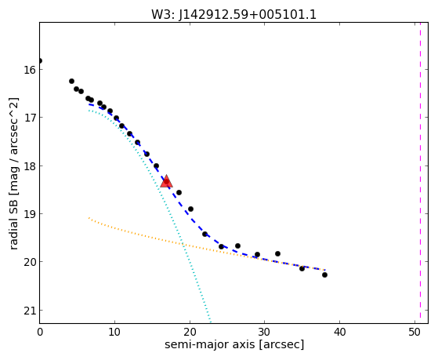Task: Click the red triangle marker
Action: click(166, 181)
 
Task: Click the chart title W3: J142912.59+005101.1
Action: click(233, 15)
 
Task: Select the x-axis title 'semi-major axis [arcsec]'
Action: click(234, 344)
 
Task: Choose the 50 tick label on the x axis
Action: click(414, 332)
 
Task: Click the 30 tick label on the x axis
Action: click(265, 332)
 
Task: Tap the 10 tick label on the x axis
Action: click(114, 332)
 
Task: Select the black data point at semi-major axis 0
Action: click(40, 60)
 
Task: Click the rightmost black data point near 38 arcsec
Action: click(324, 275)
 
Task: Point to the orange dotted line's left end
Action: click(89, 217)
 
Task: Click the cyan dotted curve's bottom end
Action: click(210, 322)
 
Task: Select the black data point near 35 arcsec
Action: click(302, 268)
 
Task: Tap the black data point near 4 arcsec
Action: click(71, 81)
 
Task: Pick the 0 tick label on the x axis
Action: click(40, 332)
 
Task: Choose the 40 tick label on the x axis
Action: click(340, 332)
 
